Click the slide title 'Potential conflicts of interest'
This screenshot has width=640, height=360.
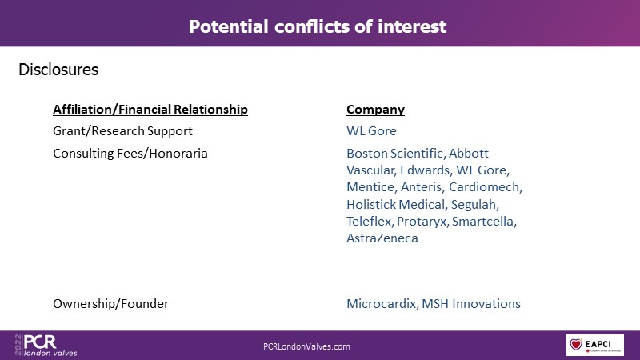pos(318,26)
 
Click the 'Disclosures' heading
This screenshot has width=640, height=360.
pos(58,70)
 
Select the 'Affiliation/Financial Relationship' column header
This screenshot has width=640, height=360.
pos(150,110)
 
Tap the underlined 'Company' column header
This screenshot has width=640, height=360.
pos(375,110)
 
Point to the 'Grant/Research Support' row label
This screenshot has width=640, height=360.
pos(122,131)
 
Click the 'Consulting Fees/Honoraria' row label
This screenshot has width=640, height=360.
pos(130,154)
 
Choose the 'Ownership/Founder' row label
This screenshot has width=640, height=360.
pos(110,304)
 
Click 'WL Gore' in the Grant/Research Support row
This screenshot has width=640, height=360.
pos(371,131)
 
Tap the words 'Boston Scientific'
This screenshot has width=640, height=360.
pos(394,154)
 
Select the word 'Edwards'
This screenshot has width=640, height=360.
pos(425,170)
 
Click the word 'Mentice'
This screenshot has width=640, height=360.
pos(370,187)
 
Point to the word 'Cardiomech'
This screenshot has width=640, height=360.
pos(484,187)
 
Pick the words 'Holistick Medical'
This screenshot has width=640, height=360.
pos(395,204)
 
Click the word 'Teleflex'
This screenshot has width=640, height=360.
pos(369,222)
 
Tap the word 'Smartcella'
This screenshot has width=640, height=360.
pos(482,222)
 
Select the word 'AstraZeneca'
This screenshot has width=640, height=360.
pos(382,238)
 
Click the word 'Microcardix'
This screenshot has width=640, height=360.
pos(381,304)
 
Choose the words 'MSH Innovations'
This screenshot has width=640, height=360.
pos(471,304)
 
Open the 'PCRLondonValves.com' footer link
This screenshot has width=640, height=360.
pos(306,346)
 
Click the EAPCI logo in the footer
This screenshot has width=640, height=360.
pos(594,345)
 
